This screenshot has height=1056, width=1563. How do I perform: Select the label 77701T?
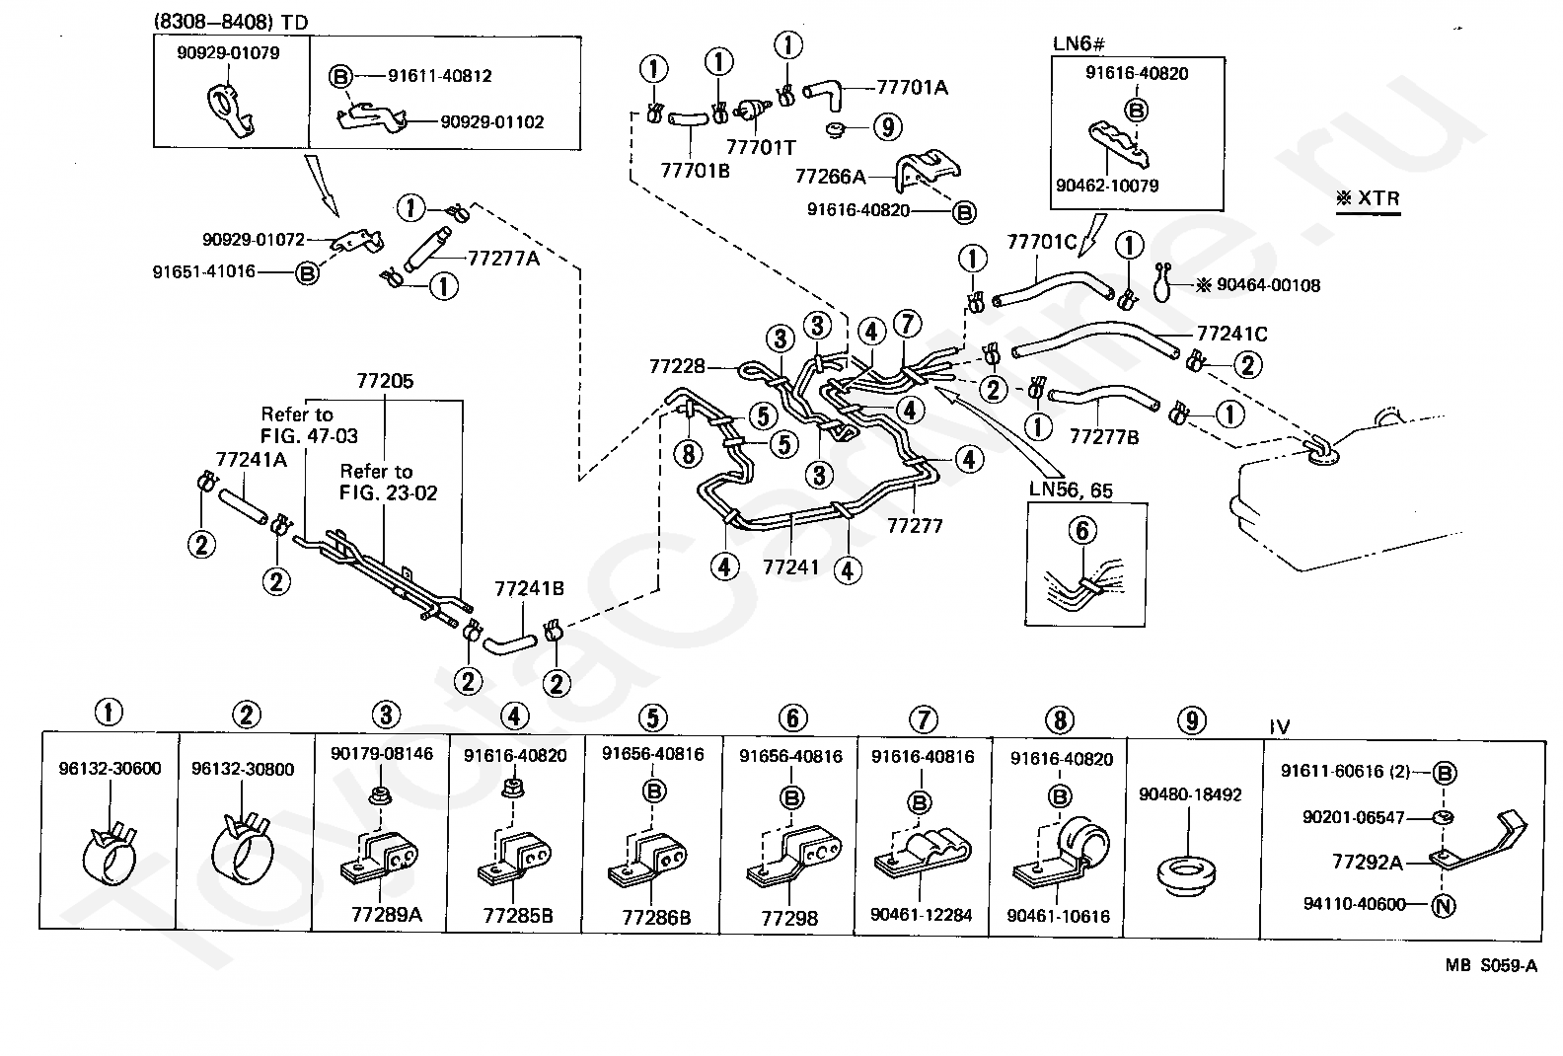pos(761,147)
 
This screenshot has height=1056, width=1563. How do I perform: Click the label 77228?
pos(678,366)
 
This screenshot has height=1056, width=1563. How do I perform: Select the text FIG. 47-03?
pos(309,435)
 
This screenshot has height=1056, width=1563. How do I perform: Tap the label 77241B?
pos(529,589)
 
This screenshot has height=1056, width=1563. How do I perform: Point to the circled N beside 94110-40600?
pos(1443,904)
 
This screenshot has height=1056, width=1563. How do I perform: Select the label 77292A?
pos(1367,862)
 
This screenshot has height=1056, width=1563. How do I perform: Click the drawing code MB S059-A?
pos(1491,966)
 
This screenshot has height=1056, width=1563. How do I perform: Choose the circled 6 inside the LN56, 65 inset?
pos(1082,532)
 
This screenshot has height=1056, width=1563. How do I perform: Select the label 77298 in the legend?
pos(789,918)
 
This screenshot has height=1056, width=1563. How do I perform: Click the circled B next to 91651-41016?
pos(308,272)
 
